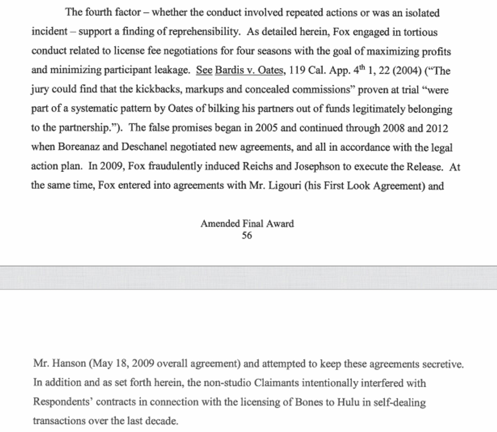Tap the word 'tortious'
419,32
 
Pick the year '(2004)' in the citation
404,71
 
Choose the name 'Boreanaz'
82,148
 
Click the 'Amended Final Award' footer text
247,224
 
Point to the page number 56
247,236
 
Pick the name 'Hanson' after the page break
69,364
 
